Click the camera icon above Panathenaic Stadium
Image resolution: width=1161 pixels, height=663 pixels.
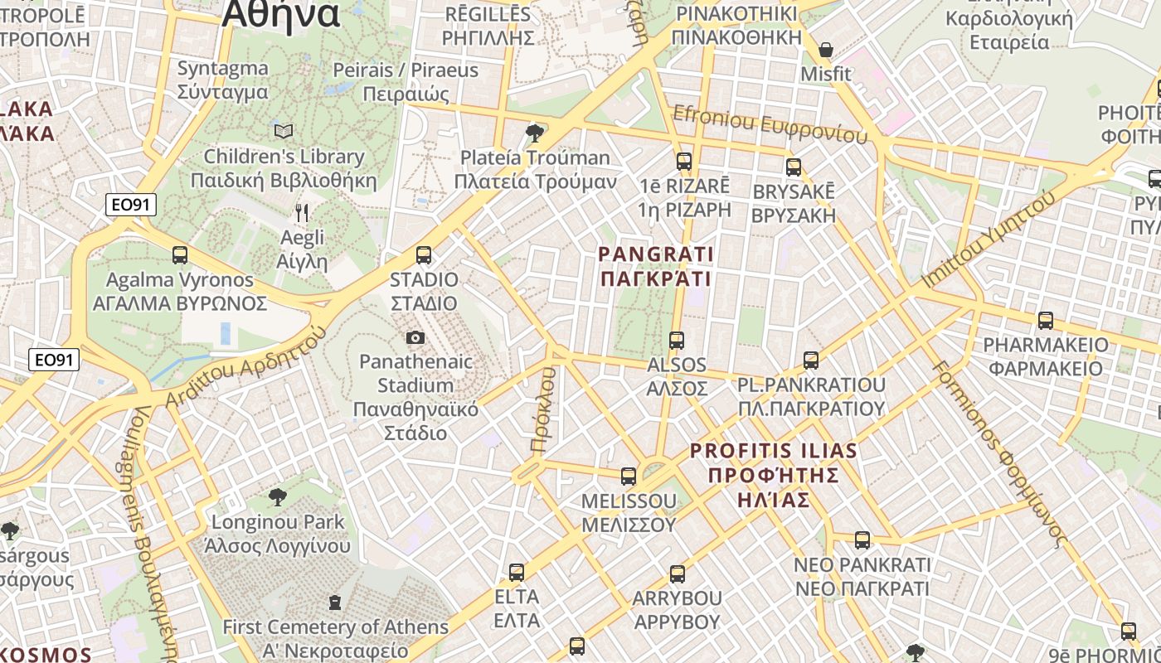click(x=415, y=337)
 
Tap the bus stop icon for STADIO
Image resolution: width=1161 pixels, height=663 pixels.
click(x=424, y=254)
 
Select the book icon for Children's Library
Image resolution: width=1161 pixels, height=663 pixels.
click(x=284, y=131)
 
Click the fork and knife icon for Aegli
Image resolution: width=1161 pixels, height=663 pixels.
click(x=302, y=213)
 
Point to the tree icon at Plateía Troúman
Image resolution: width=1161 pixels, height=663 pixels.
click(x=535, y=133)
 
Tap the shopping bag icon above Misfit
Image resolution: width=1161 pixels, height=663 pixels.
click(x=825, y=50)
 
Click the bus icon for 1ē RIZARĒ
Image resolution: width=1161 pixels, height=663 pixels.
click(x=684, y=162)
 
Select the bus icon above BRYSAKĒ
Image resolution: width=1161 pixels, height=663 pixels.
click(x=794, y=167)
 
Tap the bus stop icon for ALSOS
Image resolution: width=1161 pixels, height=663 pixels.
click(x=677, y=341)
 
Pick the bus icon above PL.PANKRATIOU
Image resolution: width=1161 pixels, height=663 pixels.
click(x=811, y=361)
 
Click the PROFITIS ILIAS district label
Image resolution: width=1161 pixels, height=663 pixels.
click(x=773, y=452)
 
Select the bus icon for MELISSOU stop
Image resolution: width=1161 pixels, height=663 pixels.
click(x=629, y=477)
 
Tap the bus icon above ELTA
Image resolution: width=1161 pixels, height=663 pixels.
click(x=517, y=572)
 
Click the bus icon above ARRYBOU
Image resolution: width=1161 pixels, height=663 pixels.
click(x=678, y=573)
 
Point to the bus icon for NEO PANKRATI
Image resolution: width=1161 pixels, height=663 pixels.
click(x=862, y=540)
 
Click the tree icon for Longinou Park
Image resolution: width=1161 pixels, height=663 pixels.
click(x=278, y=497)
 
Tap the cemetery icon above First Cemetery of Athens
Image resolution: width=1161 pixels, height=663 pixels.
click(x=335, y=602)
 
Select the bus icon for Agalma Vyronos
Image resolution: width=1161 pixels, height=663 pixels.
click(x=180, y=254)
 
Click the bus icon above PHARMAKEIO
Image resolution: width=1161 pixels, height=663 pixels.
click(x=1046, y=321)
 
